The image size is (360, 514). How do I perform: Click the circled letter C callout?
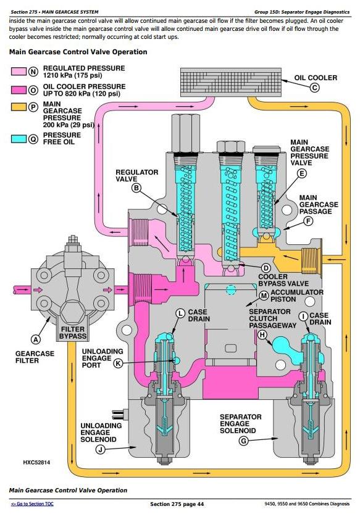314,88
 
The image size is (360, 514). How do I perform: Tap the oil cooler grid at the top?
231,82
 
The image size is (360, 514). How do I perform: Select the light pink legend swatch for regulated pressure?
19,72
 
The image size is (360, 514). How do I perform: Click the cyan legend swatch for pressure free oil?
19,139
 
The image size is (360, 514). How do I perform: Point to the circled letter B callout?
136,188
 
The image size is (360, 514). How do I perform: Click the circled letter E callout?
301,173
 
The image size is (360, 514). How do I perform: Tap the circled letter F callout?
308,222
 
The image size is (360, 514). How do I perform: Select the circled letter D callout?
266,268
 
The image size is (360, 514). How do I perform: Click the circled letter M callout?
264,296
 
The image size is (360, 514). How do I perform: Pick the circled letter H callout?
262,334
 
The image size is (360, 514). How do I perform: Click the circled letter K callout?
118,363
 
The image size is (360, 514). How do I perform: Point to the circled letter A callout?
36,339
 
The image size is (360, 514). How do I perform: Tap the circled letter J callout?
101,449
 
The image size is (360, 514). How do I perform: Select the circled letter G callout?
243,441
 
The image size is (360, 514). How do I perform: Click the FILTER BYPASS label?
73,333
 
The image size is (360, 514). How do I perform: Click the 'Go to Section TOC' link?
32,504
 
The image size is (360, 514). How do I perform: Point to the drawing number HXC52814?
36,462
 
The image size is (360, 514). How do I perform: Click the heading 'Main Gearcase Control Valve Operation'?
78,52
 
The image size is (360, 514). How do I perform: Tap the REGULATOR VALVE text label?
136,175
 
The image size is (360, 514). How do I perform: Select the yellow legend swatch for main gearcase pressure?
19,107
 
